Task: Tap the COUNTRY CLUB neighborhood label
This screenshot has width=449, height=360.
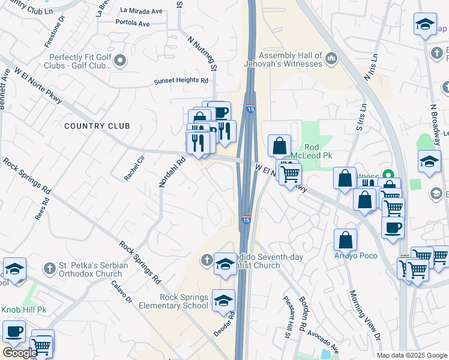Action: click(97, 126)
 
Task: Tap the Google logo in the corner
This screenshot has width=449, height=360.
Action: click(20, 353)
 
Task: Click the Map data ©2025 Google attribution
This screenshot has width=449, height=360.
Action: click(412, 355)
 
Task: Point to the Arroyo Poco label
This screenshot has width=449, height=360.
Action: click(356, 256)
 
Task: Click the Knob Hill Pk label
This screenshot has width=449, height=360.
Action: click(23, 310)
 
